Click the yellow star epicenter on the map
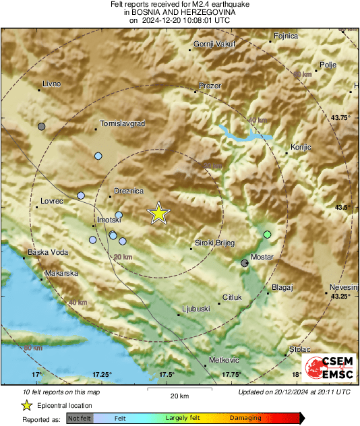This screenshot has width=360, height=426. coord(158,213)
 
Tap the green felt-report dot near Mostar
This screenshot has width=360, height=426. coord(268,235)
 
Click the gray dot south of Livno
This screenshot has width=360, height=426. coord(42,126)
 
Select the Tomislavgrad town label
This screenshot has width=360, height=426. coord(122,124)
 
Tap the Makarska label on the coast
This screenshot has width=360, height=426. coord(62,274)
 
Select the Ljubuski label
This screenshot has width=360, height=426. coord(197,309)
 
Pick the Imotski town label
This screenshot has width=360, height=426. coord(109,220)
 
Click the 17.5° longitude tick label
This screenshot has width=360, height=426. coord(167,374)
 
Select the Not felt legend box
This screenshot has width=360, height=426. coord(80,419)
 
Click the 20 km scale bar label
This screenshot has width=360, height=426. coord(179,395)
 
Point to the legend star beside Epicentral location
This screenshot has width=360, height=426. coord(27,405)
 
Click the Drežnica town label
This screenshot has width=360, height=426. coord(129,191)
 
